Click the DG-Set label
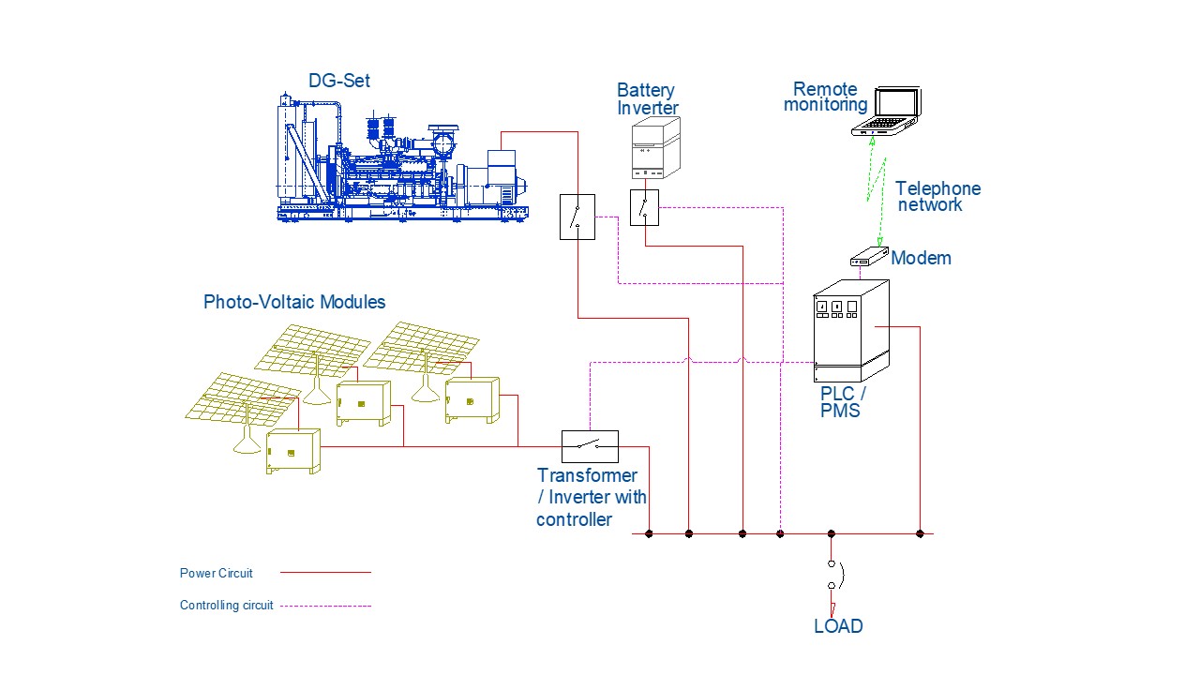(x=339, y=81)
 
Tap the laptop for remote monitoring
(x=887, y=111)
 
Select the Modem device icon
(x=869, y=256)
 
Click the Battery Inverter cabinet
(x=655, y=148)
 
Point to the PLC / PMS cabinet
(x=851, y=331)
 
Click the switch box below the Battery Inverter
(x=644, y=207)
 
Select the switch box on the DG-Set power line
(x=577, y=217)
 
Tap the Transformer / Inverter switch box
(x=590, y=446)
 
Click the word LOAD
(x=838, y=626)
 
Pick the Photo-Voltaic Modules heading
(x=294, y=302)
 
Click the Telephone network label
(x=938, y=197)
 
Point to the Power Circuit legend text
(x=216, y=573)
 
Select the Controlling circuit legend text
(x=226, y=606)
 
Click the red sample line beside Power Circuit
(x=325, y=573)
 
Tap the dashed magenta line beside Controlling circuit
(x=325, y=606)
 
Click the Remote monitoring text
(x=826, y=97)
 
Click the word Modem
(x=921, y=258)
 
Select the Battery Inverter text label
(x=648, y=99)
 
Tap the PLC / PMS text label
(x=843, y=402)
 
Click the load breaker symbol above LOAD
(x=835, y=575)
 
